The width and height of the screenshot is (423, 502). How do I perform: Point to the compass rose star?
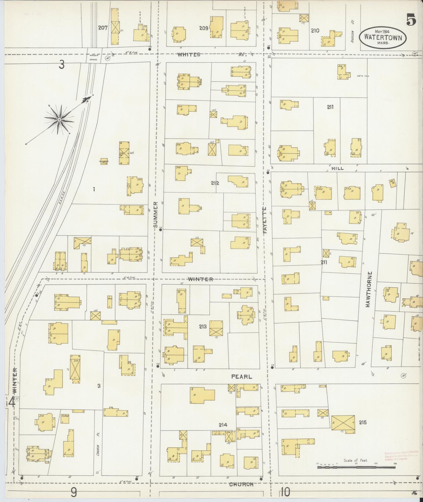point(59,119)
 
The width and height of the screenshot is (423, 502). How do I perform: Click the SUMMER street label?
point(155,214)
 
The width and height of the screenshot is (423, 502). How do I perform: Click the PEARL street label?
point(242,377)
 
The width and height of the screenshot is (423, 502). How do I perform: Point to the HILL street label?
point(338,168)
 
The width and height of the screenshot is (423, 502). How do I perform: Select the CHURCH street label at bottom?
point(241,484)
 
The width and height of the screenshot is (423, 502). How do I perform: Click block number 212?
point(215,183)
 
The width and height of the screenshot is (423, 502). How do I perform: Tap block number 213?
point(203,326)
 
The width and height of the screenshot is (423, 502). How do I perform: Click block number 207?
point(103,28)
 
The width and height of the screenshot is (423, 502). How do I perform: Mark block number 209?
point(204,28)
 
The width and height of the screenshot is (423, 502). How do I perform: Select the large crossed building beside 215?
point(343,423)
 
